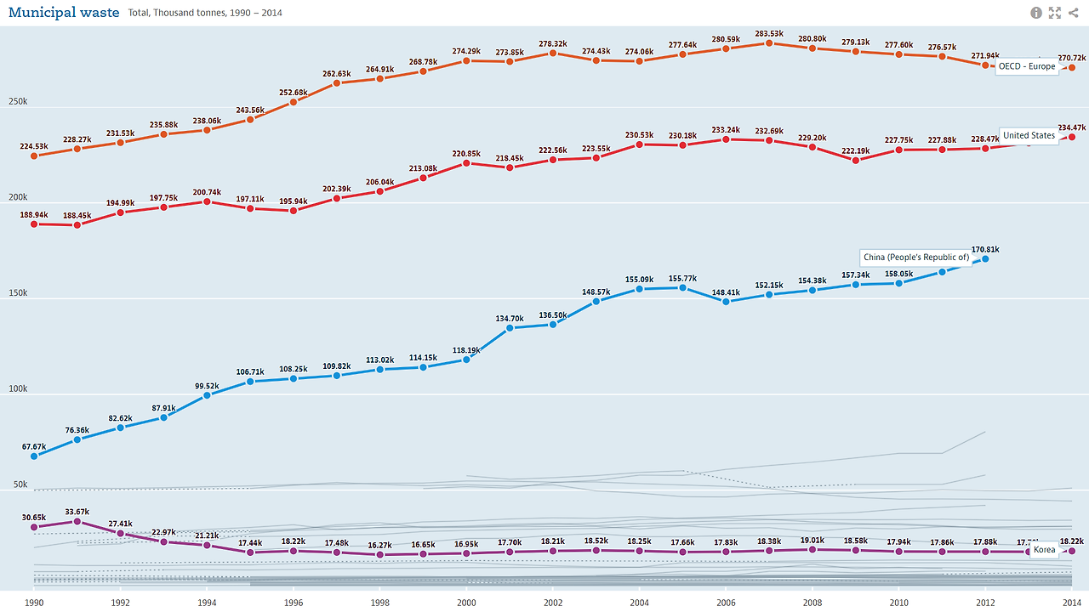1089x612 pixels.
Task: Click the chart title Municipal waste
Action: tap(64, 13)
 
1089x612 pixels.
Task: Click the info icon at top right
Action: tap(1036, 13)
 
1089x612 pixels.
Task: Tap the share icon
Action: tap(1074, 13)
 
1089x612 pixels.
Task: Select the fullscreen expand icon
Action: tap(1055, 13)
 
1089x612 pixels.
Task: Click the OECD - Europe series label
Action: tap(1026, 66)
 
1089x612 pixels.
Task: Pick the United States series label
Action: tap(1029, 135)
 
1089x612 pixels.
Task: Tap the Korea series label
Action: tap(1044, 549)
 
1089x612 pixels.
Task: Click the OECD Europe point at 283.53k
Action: tap(768, 42)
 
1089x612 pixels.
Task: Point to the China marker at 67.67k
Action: tap(34, 456)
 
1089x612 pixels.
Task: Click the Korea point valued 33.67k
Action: tap(77, 521)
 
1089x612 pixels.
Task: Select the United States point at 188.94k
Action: tap(34, 224)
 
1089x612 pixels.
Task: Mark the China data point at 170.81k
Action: tap(985, 258)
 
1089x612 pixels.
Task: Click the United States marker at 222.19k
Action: tap(856, 160)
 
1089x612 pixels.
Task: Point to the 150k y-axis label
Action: tap(17, 293)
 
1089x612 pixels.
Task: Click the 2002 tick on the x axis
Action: tap(552, 602)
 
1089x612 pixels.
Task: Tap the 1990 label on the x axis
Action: tap(34, 602)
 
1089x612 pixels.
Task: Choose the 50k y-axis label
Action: tap(20, 484)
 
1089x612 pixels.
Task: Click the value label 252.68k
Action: tap(294, 93)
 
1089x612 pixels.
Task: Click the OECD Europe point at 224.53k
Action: tap(34, 156)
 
